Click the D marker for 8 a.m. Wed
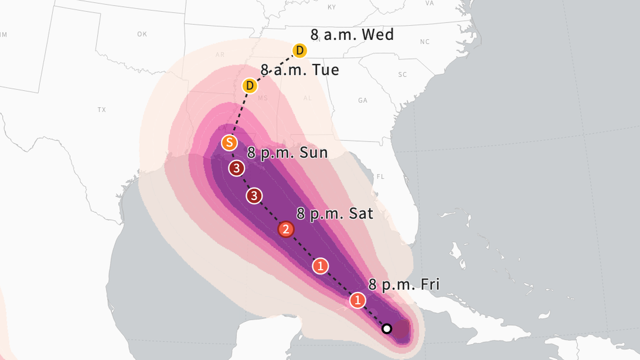(300, 51)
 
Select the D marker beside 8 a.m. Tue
(249, 86)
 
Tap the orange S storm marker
(228, 143)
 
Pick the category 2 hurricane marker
(286, 229)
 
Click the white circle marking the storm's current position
(386, 328)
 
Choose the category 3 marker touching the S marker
(237, 167)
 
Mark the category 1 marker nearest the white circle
(358, 300)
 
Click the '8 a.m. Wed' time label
(352, 34)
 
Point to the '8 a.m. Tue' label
(300, 70)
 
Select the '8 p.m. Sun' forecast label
(287, 153)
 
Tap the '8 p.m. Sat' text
(335, 213)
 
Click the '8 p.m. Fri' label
(404, 284)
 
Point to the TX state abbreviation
(102, 110)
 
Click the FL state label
(381, 177)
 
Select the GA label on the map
(363, 101)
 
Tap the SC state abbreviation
(402, 75)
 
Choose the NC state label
(424, 42)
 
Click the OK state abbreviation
(142, 34)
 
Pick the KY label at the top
(331, 7)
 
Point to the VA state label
(429, 3)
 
